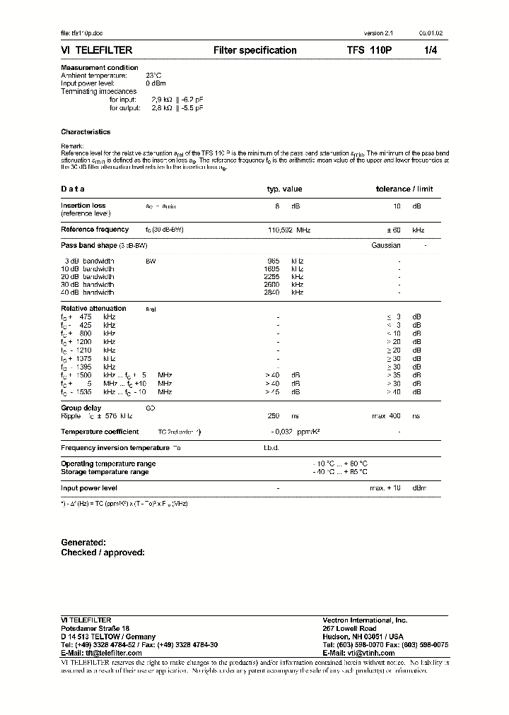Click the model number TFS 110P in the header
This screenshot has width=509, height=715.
point(367,50)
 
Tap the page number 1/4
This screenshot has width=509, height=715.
point(431,50)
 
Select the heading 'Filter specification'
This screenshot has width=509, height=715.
point(255,50)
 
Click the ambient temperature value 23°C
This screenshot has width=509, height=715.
point(154,75)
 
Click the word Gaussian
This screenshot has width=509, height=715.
point(386,245)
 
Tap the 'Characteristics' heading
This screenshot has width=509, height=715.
point(86,131)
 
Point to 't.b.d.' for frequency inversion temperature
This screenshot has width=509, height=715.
point(271,448)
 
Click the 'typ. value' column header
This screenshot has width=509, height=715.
point(284,189)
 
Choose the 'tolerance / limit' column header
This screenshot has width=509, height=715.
point(404,189)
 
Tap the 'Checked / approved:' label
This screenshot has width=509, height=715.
point(103,552)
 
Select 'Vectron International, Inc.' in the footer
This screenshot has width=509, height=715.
point(365,620)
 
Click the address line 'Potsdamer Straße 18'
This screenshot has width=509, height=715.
point(95,628)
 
